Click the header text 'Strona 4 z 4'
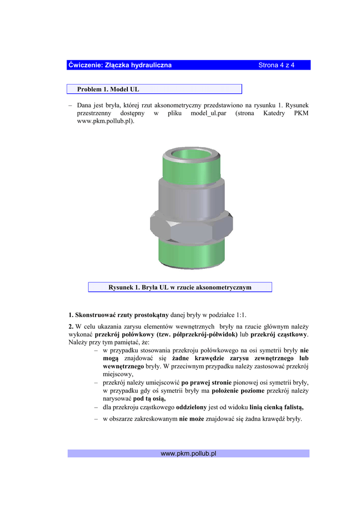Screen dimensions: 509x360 click(276, 65)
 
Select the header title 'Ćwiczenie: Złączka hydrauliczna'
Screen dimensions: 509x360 click(120, 65)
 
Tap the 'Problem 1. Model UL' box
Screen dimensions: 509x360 click(154, 89)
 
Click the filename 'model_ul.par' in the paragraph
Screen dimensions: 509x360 click(208, 113)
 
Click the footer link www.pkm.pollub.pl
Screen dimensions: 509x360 click(188, 453)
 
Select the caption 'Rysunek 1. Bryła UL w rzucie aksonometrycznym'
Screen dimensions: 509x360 click(180, 287)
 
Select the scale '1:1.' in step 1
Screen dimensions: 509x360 click(241, 315)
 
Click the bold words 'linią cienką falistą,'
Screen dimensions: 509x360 click(273, 407)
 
